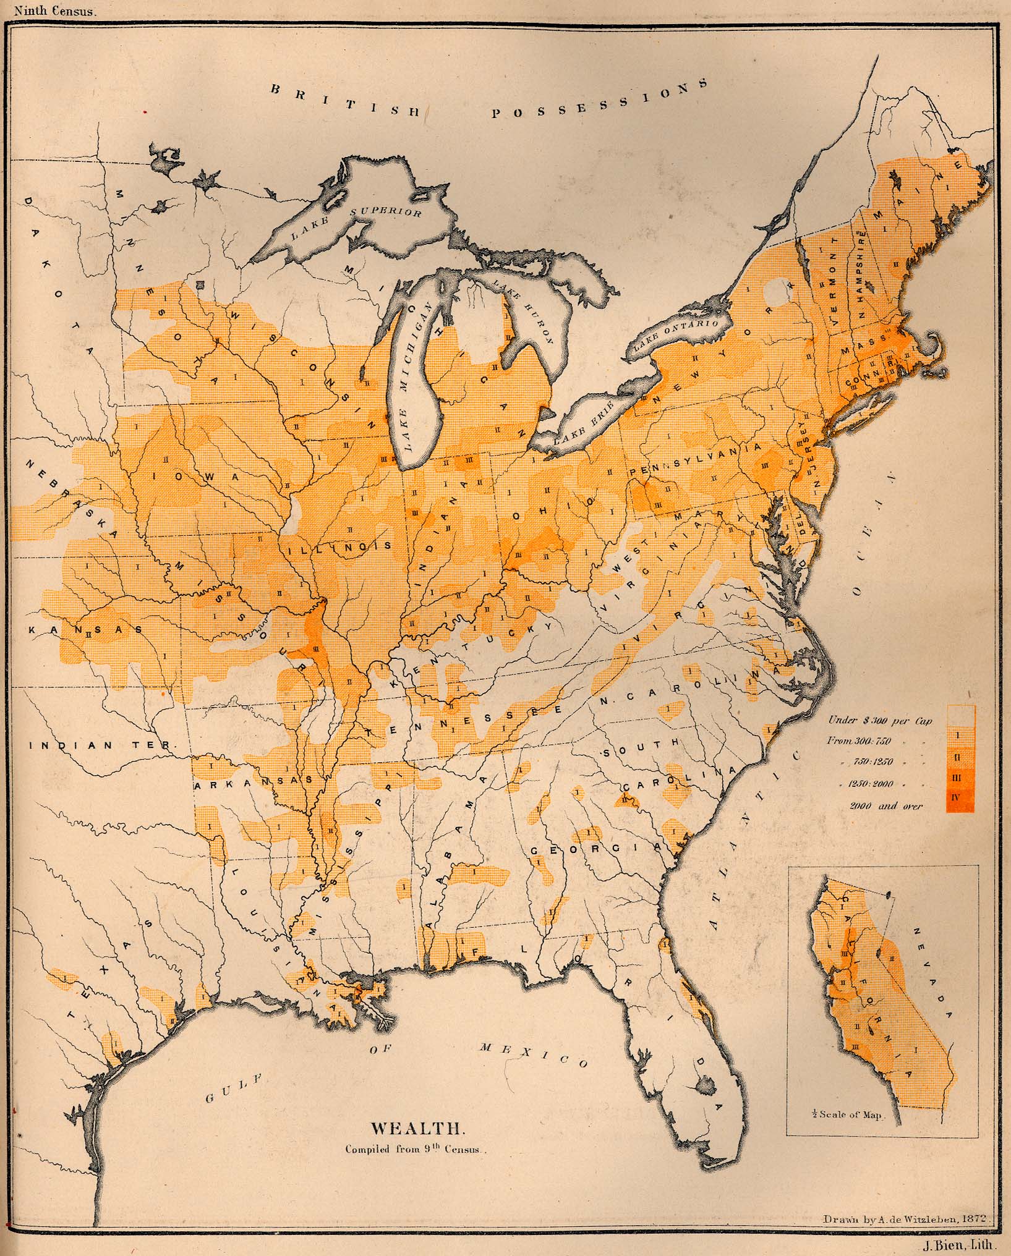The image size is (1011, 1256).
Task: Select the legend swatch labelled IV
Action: pyautogui.click(x=960, y=797)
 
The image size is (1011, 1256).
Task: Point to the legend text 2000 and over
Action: pyautogui.click(x=886, y=805)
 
